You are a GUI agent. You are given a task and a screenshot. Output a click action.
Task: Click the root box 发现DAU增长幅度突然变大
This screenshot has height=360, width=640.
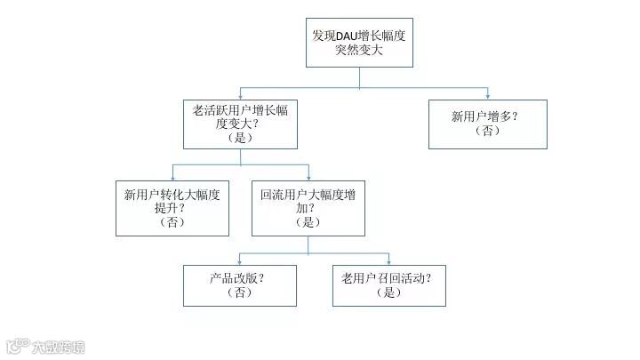tap(359, 43)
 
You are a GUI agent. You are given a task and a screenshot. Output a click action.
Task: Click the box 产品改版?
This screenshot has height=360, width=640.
tap(239, 284)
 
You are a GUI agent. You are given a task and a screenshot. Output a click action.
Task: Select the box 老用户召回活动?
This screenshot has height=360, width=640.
tap(388, 284)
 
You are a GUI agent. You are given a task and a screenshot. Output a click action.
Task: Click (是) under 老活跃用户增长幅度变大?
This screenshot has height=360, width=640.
tap(240, 139)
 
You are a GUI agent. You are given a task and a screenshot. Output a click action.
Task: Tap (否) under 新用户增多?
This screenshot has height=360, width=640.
tap(487, 131)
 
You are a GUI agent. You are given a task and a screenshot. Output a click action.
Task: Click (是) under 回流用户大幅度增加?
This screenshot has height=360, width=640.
tap(308, 222)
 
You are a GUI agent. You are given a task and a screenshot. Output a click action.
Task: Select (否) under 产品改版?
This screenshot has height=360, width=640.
tap(239, 292)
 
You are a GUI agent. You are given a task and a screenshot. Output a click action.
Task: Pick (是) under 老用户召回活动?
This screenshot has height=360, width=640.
tap(388, 292)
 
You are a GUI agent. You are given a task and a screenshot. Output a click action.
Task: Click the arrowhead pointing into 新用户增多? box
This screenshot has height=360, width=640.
tap(488, 95)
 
